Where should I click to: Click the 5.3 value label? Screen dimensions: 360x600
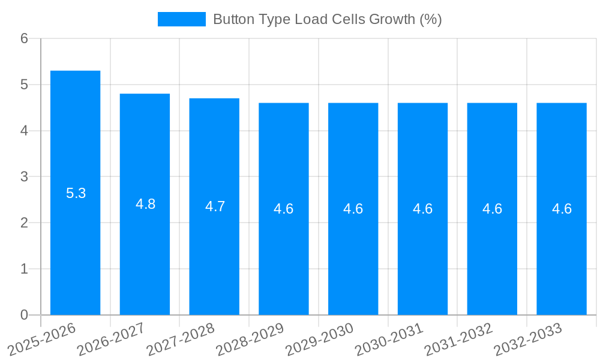pos(76,193)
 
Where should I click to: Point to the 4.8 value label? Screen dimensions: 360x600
pos(145,204)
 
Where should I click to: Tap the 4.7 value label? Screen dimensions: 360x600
pos(215,206)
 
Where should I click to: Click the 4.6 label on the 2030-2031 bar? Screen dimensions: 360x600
pos(422,209)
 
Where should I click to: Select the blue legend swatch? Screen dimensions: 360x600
pos(181,19)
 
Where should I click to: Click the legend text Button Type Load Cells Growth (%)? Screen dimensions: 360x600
pos(327,19)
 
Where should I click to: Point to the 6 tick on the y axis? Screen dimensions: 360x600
pos(24,38)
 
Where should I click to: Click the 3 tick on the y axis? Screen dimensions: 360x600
pos(24,176)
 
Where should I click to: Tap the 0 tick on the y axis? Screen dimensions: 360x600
pos(24,315)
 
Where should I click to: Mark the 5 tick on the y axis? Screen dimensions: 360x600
pos(24,85)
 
